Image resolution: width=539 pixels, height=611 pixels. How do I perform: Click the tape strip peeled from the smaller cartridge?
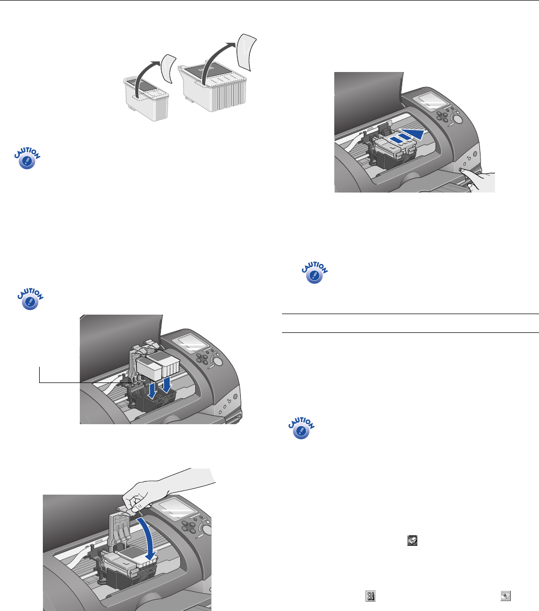coord(169,68)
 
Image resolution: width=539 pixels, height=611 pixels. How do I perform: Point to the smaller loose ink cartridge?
coord(146,98)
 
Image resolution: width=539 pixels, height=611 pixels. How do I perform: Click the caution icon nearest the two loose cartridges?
coord(27,158)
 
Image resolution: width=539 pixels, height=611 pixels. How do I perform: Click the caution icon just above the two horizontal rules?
coord(315,272)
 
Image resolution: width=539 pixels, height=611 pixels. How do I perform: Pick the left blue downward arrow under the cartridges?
coord(153,390)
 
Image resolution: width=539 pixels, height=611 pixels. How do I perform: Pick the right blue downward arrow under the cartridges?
coord(167,384)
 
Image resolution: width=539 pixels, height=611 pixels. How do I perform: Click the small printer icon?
coord(412,541)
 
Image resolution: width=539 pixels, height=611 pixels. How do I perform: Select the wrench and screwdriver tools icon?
coord(370,596)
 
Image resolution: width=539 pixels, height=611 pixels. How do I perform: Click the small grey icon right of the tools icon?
coord(506,596)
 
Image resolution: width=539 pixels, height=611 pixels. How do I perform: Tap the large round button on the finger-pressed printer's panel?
coord(457,119)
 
